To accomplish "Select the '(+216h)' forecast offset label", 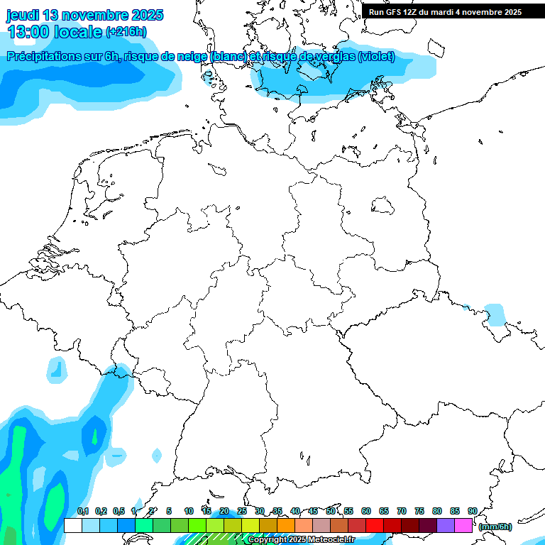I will pos(127,32).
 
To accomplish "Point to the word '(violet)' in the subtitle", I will pos(377,57).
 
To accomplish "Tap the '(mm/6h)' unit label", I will pos(495,527).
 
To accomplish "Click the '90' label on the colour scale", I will pos(473,511).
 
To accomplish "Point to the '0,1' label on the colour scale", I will pos(83,511).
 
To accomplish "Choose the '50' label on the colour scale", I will pos(331,511).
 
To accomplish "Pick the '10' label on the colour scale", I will pos(189,511).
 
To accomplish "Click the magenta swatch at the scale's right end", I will pos(463,525).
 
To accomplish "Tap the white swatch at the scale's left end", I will pos(72,525).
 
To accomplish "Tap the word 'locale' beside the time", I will pos(78,32).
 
